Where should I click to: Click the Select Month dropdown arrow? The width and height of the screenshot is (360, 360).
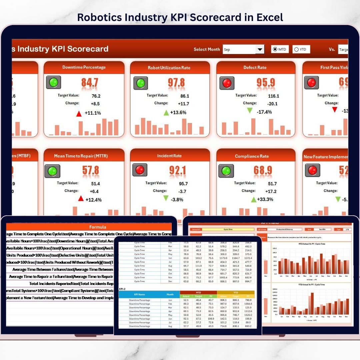coord(260,49)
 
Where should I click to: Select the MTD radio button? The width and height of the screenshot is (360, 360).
coord(275,49)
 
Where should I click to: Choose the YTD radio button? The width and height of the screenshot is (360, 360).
coord(296,49)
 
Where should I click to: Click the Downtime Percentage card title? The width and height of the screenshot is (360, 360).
coord(84,67)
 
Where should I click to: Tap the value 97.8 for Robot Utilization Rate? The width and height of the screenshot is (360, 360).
coord(177,82)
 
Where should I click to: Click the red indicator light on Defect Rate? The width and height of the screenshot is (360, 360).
coord(227,83)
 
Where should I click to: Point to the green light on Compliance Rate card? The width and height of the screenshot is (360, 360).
coord(226,171)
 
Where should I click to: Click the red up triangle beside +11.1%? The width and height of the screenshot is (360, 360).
coord(79,114)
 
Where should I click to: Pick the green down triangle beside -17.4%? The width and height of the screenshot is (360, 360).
coord(250,111)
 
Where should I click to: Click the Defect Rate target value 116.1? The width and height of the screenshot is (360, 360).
coord(273,96)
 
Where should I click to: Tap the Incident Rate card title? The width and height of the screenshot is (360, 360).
coord(170,156)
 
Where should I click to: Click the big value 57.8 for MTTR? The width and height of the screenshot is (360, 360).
coord(91,171)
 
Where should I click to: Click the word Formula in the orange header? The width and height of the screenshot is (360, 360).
coord(98,227)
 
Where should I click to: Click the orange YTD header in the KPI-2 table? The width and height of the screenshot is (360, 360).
coord(236,292)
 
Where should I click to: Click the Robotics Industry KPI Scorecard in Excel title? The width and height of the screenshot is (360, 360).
coord(180,17)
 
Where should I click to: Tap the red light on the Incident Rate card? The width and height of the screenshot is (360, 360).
coord(140,170)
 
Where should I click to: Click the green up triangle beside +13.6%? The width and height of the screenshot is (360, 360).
coord(166,113)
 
